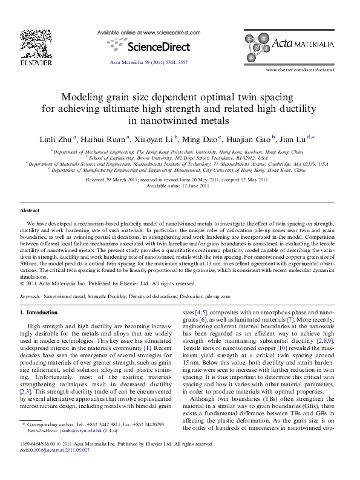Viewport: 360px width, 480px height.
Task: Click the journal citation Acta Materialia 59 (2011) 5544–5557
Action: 149,63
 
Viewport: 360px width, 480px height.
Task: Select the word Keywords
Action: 31,297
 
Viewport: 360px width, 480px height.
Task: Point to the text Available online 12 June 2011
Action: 180,186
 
